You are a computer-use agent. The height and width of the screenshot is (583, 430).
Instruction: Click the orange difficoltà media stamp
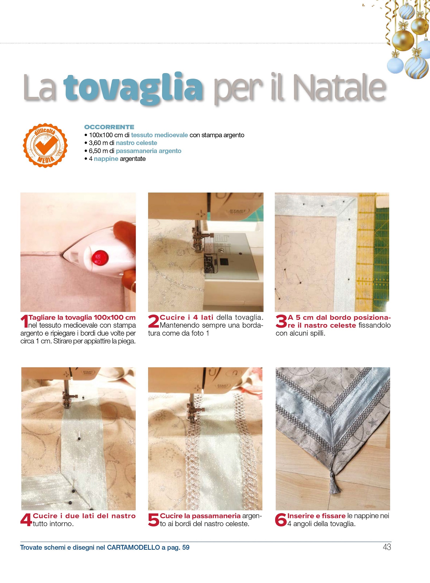click(x=45, y=146)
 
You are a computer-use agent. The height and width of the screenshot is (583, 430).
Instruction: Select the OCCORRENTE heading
click(x=109, y=127)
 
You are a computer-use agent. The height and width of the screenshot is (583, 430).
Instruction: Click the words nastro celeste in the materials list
click(x=137, y=143)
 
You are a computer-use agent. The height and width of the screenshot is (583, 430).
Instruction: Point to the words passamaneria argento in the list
click(x=149, y=151)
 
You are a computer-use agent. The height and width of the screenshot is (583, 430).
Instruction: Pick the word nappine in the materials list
click(x=106, y=159)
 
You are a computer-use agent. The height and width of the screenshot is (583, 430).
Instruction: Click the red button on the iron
click(x=100, y=258)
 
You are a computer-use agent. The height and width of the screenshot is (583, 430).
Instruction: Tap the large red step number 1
click(x=24, y=321)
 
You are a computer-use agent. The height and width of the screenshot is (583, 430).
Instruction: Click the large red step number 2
click(x=153, y=321)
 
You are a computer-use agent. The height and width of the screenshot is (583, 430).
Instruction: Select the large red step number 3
click(x=281, y=321)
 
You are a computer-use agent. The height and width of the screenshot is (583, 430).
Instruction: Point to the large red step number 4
click(x=26, y=520)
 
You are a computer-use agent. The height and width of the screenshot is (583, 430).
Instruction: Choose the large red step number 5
click(x=153, y=520)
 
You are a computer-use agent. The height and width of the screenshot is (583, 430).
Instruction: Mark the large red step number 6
click(x=281, y=520)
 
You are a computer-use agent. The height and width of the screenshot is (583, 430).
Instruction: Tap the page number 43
click(x=387, y=547)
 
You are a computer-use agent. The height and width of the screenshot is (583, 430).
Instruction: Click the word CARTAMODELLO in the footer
click(x=133, y=548)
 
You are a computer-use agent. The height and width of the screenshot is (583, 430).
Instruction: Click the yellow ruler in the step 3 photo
click(x=365, y=252)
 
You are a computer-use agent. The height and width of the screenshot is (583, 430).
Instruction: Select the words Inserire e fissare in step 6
click(x=316, y=516)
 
